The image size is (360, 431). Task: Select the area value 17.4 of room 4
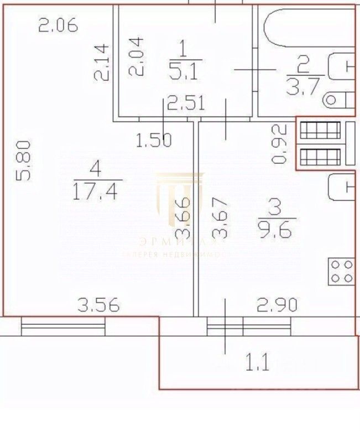pyautogui.click(x=97, y=191)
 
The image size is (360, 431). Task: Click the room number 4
pyautogui.click(x=97, y=166)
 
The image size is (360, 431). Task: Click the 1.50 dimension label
pyautogui.click(x=154, y=141)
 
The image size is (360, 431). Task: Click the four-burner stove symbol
pyautogui.click(x=341, y=271)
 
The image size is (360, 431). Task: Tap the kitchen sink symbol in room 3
pyautogui.click(x=340, y=188)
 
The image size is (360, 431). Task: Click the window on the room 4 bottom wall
pyautogui.click(x=63, y=325)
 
